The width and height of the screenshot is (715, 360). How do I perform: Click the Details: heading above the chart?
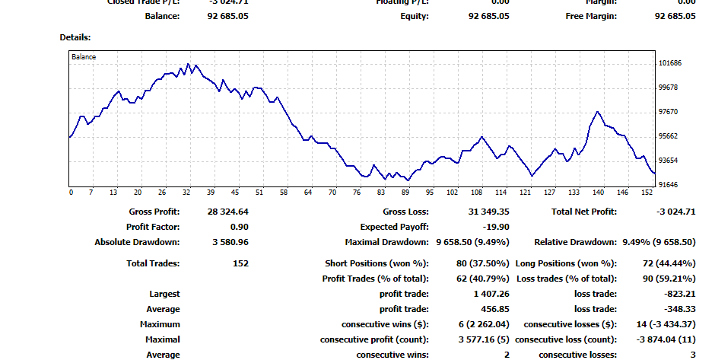click(x=75, y=37)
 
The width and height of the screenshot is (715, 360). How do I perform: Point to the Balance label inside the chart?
click(x=84, y=56)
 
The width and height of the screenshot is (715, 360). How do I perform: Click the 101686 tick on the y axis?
click(x=670, y=63)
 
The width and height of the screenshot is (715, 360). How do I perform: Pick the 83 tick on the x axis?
click(x=381, y=193)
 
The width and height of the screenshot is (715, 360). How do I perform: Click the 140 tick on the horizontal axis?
click(x=599, y=193)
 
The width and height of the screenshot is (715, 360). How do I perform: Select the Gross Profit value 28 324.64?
click(x=227, y=212)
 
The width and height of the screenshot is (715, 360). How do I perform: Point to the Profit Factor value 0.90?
click(x=238, y=227)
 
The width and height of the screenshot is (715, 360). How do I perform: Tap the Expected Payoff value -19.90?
click(x=495, y=227)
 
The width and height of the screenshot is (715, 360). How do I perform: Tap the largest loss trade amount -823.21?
click(x=678, y=294)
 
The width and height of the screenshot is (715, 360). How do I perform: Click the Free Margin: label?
click(x=591, y=16)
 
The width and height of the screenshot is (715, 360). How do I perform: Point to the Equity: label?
click(x=415, y=16)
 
